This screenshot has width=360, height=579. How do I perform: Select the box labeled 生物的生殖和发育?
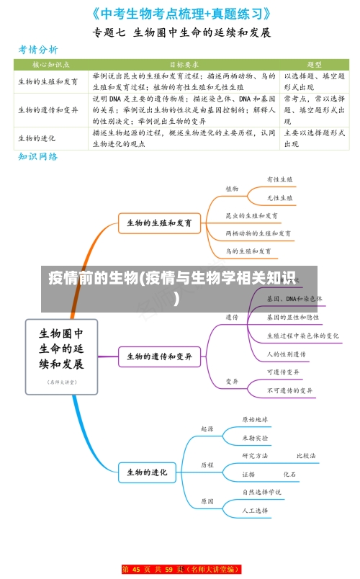(x=159, y=223)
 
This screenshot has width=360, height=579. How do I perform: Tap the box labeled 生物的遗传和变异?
(x=159, y=356)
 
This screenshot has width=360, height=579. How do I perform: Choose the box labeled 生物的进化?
(x=147, y=472)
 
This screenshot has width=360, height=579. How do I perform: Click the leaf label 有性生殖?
(x=279, y=180)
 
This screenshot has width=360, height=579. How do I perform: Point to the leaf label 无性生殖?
(x=279, y=197)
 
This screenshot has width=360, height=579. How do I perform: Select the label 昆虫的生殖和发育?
(x=252, y=215)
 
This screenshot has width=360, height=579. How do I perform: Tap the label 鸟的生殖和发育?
(x=248, y=251)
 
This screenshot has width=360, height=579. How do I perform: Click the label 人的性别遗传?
(x=286, y=354)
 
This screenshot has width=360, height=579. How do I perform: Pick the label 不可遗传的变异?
(x=290, y=391)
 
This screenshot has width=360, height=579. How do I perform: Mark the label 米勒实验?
(x=255, y=437)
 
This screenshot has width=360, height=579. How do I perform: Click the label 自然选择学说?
(x=261, y=492)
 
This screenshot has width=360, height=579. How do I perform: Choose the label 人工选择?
(x=255, y=510)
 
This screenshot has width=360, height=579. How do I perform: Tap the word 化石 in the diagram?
(x=289, y=475)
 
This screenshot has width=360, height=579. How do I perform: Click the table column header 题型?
(x=314, y=64)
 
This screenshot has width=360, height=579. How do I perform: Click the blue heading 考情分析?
(x=38, y=50)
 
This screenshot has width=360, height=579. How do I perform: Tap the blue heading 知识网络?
(x=38, y=156)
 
